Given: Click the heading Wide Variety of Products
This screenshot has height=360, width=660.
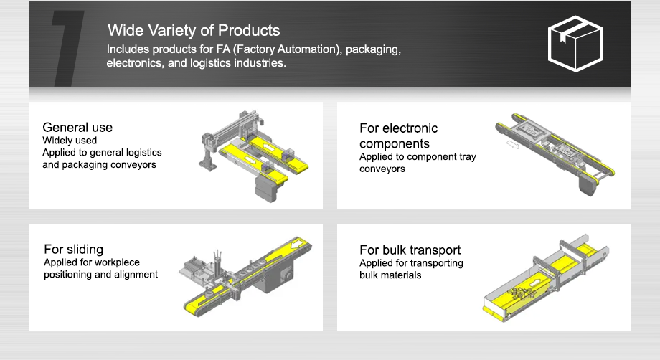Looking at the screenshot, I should (x=194, y=31).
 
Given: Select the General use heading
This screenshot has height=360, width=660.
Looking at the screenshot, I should (x=77, y=128).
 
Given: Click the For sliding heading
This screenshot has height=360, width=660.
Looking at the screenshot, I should (x=73, y=250).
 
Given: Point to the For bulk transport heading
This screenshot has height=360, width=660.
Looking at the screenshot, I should (x=410, y=250).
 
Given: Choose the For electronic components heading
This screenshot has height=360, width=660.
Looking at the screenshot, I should (x=398, y=136).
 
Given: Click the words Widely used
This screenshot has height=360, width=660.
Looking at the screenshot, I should (x=70, y=141).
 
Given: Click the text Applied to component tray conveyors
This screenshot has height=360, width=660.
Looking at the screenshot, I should (x=418, y=163).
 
